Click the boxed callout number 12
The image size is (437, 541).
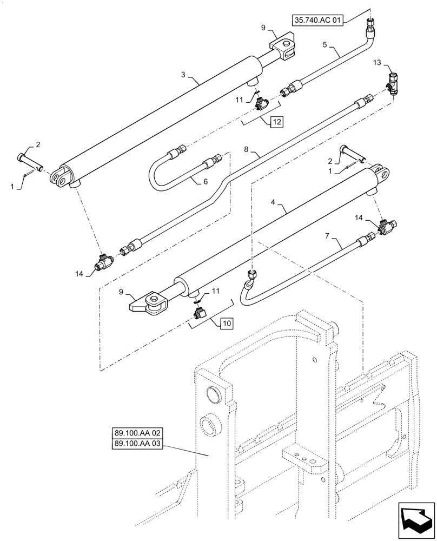276,122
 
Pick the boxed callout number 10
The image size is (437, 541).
226,324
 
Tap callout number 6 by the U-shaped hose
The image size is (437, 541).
205,182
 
